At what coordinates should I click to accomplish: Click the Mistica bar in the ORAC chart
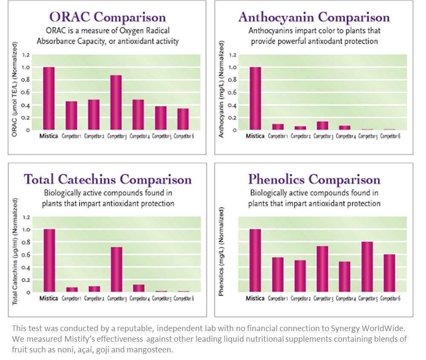[x=49, y=98]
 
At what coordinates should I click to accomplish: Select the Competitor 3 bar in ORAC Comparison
[x=116, y=102]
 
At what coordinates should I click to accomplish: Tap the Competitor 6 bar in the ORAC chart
[x=183, y=119]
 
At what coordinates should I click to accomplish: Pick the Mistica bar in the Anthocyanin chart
[x=255, y=98]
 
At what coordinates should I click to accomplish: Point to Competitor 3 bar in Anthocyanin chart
[x=322, y=126]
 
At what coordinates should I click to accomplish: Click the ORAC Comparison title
[x=107, y=17]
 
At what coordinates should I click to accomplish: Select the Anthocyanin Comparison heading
[x=314, y=17]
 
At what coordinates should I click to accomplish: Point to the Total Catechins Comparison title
[x=108, y=179]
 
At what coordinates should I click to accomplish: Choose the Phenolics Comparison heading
[x=314, y=179]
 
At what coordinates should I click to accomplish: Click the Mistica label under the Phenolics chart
[x=255, y=298]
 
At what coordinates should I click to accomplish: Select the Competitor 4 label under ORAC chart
[x=138, y=136]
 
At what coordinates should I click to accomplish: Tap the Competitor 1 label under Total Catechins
[x=72, y=298]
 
